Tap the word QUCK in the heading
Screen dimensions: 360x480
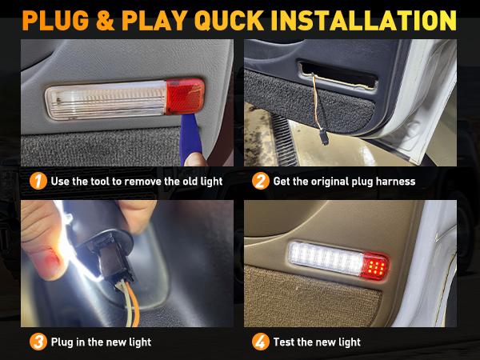[243, 19]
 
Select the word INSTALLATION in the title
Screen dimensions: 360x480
[376, 19]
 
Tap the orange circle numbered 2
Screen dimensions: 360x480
[260, 181]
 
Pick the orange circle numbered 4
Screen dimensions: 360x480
[260, 342]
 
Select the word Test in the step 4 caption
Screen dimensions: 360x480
[285, 342]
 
